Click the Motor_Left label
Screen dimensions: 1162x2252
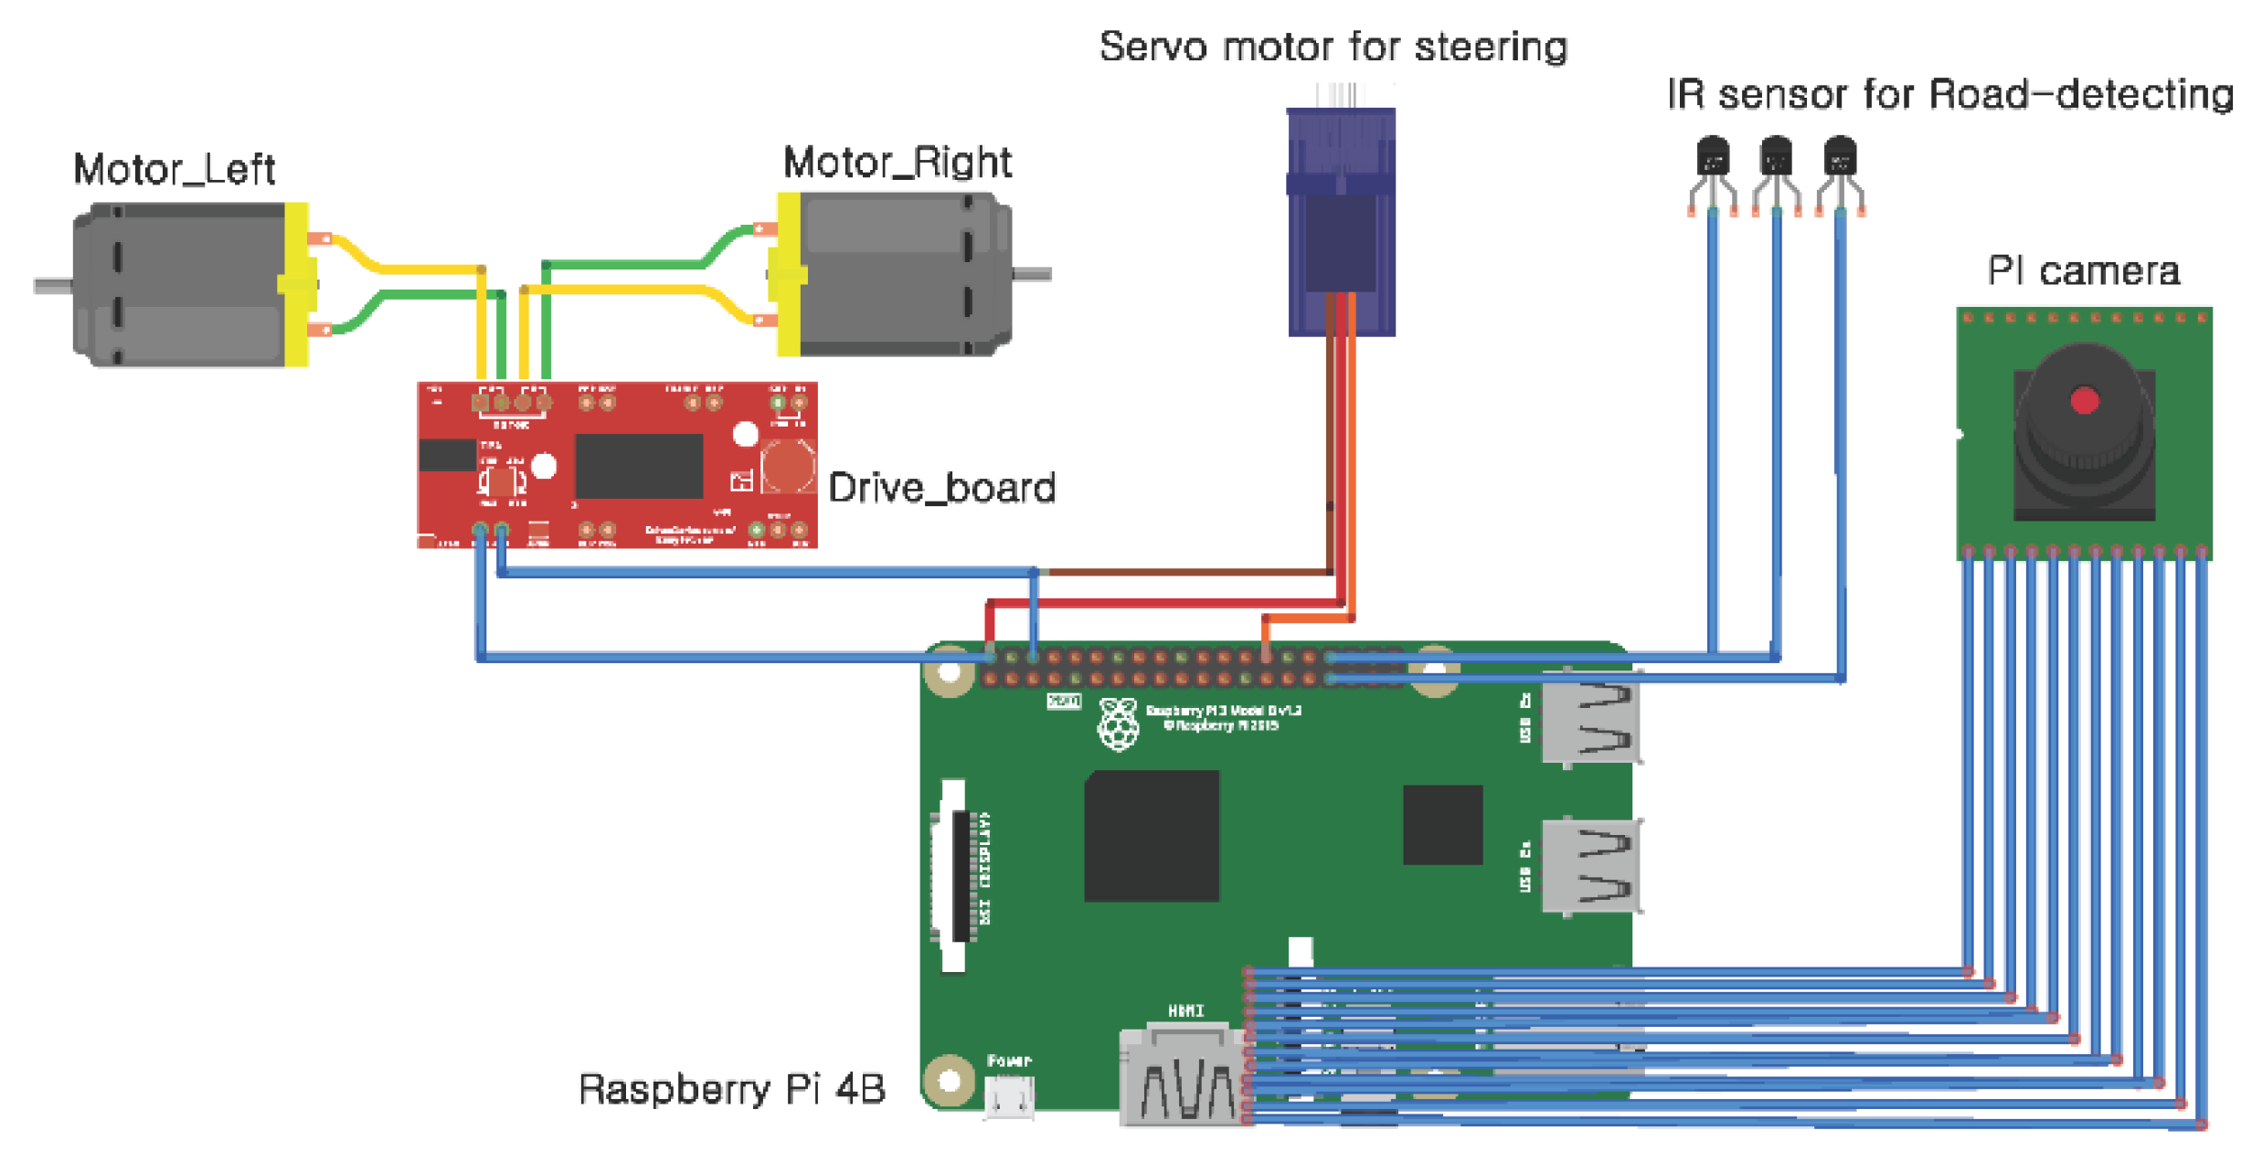click(x=174, y=170)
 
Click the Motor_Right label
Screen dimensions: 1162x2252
click(x=897, y=163)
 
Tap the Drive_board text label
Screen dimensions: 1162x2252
click(x=941, y=488)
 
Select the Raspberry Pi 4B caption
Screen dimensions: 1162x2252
click(x=731, y=1089)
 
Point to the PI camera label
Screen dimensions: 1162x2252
click(x=2083, y=271)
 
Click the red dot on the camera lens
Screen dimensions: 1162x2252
click(x=2084, y=401)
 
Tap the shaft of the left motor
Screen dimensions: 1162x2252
click(x=53, y=286)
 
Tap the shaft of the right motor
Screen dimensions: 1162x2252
click(x=1033, y=273)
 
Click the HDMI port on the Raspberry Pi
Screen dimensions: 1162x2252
click(x=1184, y=1078)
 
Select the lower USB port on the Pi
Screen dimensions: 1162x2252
click(x=1590, y=866)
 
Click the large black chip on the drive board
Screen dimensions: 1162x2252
click(x=639, y=466)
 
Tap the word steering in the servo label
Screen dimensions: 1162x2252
click(x=1491, y=47)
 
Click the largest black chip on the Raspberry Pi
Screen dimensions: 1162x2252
click(x=1152, y=836)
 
